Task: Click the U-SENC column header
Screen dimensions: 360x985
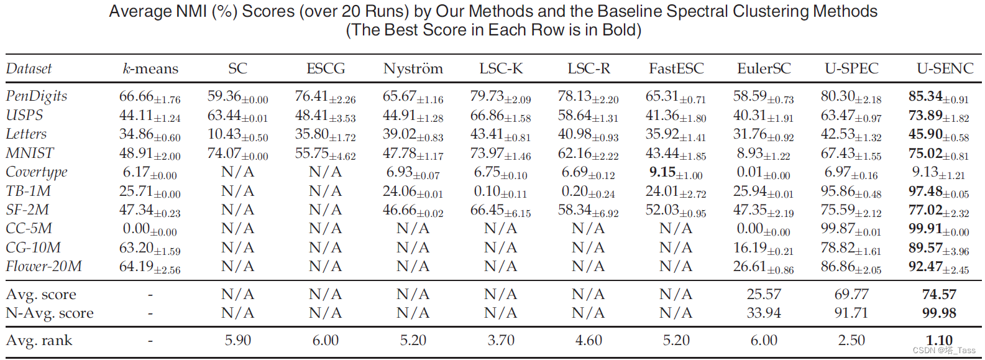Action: click(x=945, y=68)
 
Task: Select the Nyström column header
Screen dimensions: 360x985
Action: click(x=413, y=68)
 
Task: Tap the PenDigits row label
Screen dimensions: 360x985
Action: click(x=36, y=96)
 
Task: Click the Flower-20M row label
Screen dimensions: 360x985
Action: click(x=44, y=267)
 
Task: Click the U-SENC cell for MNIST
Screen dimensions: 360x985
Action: click(x=938, y=154)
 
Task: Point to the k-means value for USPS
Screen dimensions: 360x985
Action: click(x=150, y=116)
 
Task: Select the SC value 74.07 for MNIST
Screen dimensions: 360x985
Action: click(x=237, y=154)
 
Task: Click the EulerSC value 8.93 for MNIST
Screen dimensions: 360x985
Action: click(x=763, y=154)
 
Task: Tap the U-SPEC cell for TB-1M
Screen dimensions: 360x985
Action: click(x=851, y=192)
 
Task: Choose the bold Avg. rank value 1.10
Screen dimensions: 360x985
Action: click(x=938, y=340)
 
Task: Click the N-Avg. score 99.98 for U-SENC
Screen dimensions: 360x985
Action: click(x=938, y=313)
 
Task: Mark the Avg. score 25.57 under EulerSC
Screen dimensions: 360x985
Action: click(x=763, y=294)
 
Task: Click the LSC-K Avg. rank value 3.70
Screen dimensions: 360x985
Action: click(x=501, y=340)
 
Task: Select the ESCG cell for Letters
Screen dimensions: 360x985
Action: click(x=325, y=134)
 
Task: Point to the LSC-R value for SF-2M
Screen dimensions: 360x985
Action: click(x=588, y=210)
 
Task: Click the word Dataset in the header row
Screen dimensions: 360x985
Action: click(x=29, y=68)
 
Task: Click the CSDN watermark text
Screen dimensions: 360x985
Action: click(x=944, y=350)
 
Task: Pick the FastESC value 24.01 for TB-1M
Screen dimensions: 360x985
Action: click(x=676, y=192)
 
